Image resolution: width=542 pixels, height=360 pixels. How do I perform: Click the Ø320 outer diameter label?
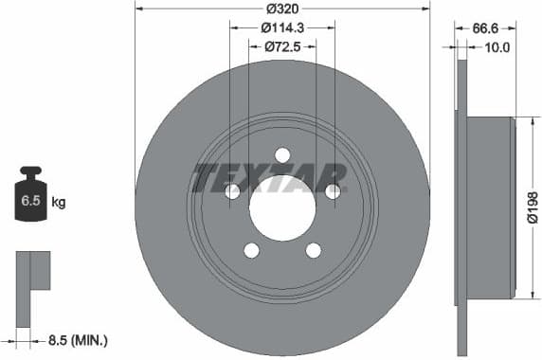tap(282, 9)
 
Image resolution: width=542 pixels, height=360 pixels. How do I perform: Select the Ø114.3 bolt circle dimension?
tap(282, 27)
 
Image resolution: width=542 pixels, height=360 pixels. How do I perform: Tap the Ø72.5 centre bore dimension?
tap(282, 45)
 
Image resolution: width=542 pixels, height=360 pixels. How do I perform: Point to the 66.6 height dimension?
tap(487, 28)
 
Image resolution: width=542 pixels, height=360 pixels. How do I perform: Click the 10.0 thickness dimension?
tap(497, 46)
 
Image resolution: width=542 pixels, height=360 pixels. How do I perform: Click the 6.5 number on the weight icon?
tap(31, 202)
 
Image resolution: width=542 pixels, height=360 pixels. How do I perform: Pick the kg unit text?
tap(59, 202)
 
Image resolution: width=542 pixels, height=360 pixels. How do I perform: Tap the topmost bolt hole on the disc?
tap(282, 155)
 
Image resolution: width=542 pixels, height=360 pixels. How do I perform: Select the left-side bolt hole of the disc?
tap(232, 191)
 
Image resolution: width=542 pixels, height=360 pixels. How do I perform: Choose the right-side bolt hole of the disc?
tap(333, 191)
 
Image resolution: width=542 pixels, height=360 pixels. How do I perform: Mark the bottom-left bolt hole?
tap(251, 250)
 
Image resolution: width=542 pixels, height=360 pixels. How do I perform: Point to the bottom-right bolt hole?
tap(314, 250)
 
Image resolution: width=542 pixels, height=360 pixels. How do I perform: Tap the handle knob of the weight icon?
tap(31, 172)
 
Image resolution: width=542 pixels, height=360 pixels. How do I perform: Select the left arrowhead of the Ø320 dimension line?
tap(138, 9)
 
